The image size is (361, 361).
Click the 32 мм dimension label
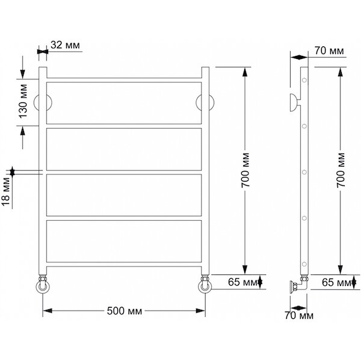[65, 45]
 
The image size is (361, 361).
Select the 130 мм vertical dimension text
[23, 102]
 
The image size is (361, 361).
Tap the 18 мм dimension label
[6, 191]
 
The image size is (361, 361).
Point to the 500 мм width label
[125, 311]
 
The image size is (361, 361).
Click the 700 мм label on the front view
[245, 170]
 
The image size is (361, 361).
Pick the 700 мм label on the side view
[341, 170]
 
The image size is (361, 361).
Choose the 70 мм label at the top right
[329, 51]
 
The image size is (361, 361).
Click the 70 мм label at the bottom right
[299, 315]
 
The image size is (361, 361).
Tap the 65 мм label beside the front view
[243, 282]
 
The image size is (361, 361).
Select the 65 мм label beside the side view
[336, 282]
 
